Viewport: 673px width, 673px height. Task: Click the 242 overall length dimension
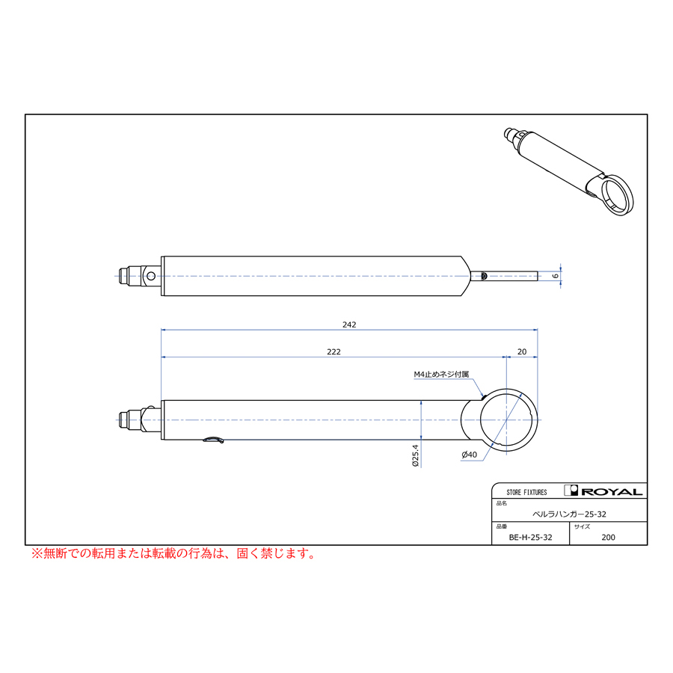pos(349,325)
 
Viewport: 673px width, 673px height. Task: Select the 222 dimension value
pos(334,352)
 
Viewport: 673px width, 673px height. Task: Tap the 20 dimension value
pos(521,352)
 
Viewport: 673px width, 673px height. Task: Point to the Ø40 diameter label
pos(469,455)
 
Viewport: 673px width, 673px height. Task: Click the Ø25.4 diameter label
pos(415,455)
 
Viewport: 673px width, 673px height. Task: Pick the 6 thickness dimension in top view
pos(556,275)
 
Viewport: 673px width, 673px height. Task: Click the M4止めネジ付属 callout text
pos(441,375)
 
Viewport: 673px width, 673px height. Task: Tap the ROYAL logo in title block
pos(603,491)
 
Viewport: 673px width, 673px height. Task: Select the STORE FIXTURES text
pos(526,492)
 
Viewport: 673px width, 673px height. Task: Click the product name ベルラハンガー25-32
pos(569,514)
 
